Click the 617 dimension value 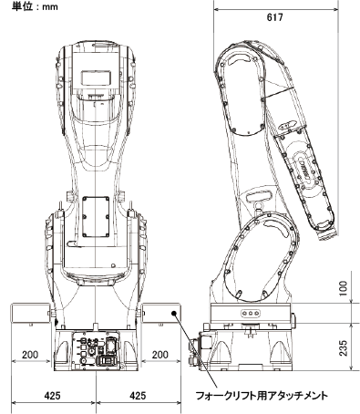(274, 17)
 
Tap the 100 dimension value (343, 289)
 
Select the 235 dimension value (343, 347)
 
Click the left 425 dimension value (52, 396)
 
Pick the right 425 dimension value (138, 396)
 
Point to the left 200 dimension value (30, 355)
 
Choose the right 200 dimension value (159, 355)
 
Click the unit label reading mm (50, 6)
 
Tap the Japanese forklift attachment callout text (262, 396)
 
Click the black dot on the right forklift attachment (174, 313)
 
